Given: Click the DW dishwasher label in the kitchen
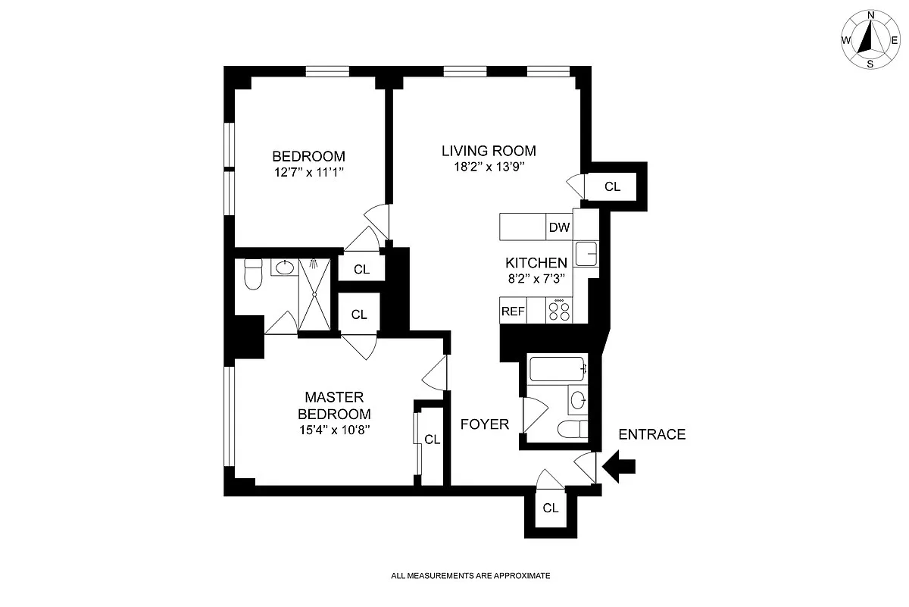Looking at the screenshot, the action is (x=559, y=227).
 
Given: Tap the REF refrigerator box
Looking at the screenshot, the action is (x=513, y=311).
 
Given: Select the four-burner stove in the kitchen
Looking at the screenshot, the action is (x=559, y=311).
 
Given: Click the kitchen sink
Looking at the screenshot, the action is (x=586, y=254).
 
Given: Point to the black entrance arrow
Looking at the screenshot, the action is (x=618, y=467).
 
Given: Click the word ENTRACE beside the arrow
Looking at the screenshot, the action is (x=651, y=434).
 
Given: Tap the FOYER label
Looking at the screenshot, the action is (x=485, y=424).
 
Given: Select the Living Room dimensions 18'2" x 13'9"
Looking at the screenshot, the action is (x=489, y=167).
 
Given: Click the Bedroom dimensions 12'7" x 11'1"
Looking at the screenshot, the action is (x=309, y=172).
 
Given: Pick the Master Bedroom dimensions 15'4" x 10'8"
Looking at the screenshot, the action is (x=334, y=430).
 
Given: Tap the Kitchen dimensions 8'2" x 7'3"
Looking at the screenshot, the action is (x=536, y=279).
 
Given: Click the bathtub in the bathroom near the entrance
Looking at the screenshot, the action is (x=557, y=369).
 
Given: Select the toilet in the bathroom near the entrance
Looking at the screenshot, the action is (x=573, y=429).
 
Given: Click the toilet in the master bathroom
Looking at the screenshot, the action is (x=253, y=274).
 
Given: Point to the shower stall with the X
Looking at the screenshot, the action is (x=314, y=295).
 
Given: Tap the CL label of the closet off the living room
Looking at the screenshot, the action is (x=612, y=186).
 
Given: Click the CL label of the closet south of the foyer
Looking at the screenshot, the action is (x=550, y=508).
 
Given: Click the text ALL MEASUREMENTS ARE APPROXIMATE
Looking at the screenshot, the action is (x=470, y=575).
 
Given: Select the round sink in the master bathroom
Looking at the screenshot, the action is (x=285, y=268).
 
